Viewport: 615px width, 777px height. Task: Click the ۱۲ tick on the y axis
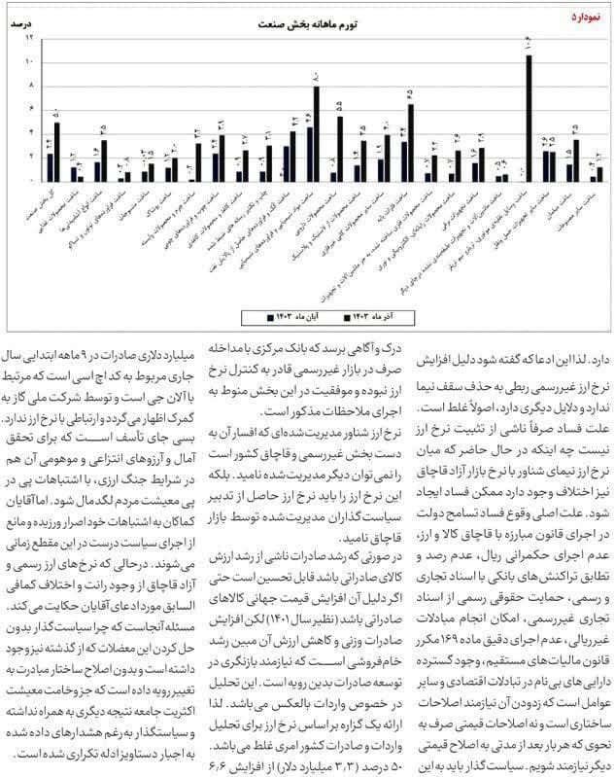[x=30, y=37]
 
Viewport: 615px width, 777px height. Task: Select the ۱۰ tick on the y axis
[x=30, y=61]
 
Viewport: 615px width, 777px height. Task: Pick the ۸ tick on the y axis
[x=30, y=86]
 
